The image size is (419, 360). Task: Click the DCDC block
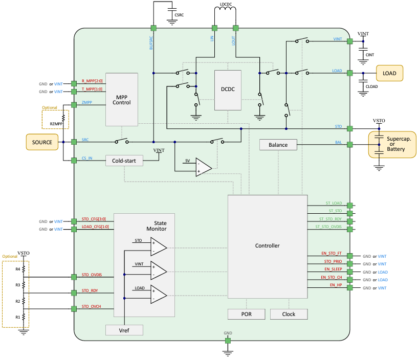point(228,90)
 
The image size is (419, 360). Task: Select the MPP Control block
point(122,99)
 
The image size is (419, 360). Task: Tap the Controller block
point(267,246)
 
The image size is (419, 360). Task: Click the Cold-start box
point(124,161)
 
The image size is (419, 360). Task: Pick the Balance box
point(278,145)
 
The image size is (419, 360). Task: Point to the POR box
point(246,314)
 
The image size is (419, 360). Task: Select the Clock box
point(289,314)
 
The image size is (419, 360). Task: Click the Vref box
point(124,330)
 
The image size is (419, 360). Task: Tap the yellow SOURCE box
point(42,142)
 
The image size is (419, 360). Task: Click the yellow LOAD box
point(389,73)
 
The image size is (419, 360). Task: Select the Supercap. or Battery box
point(392,144)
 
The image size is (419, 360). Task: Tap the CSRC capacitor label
point(179,15)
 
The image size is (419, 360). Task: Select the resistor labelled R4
point(24,269)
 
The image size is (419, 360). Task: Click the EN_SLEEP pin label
point(333,268)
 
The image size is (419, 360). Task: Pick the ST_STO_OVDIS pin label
point(327,227)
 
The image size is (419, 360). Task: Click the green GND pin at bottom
point(228,339)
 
